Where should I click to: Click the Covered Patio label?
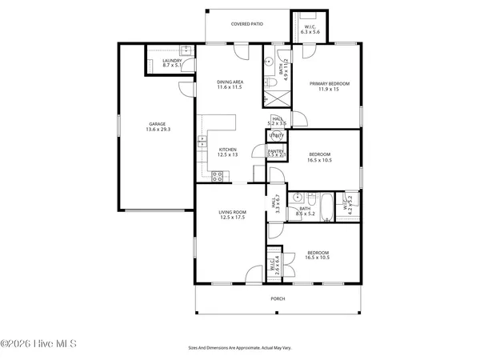click(x=246, y=24)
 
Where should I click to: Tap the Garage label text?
click(x=156, y=124)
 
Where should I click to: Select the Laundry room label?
click(x=171, y=61)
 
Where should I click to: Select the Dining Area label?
click(x=230, y=82)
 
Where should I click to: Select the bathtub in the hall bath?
click(x=329, y=200)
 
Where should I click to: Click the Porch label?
click(x=278, y=298)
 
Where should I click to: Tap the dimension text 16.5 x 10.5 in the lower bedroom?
click(x=318, y=258)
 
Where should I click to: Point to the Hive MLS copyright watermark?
click(x=38, y=344)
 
